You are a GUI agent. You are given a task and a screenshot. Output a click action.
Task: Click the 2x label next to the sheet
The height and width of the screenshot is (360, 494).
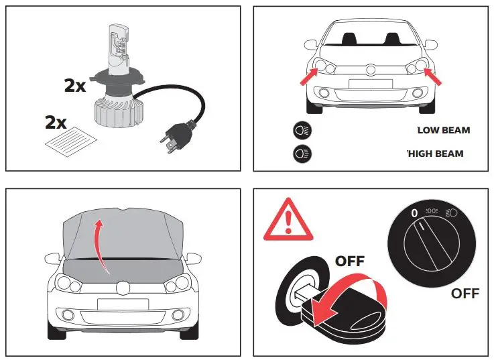pyautogui.click(x=55, y=123)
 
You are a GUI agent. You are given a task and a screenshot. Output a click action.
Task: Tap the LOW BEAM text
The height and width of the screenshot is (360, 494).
pyautogui.click(x=444, y=130)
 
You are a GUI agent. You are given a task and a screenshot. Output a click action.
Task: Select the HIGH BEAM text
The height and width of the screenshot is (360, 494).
pyautogui.click(x=435, y=154)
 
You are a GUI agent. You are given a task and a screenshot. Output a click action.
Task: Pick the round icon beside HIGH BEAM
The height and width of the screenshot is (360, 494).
pyautogui.click(x=302, y=154)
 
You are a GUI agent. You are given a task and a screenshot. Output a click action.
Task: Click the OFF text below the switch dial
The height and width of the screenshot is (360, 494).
pyautogui.click(x=465, y=294)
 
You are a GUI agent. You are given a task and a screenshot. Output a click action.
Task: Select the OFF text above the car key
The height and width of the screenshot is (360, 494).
pyautogui.click(x=349, y=261)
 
